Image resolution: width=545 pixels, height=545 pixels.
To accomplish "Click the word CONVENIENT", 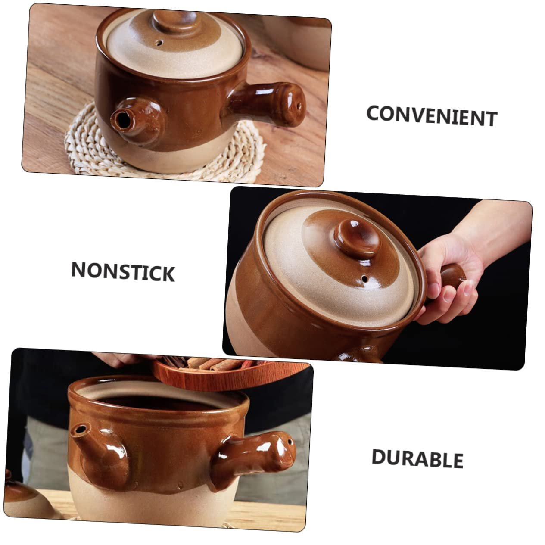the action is pos(432,116).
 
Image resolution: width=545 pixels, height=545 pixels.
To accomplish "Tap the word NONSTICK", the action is pos(123,271).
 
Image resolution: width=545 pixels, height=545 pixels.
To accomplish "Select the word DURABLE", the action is pos(417,458).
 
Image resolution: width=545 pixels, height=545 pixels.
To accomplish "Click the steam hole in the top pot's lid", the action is pos(159,43).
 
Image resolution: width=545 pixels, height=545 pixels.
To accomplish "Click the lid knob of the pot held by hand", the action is pos(357,237).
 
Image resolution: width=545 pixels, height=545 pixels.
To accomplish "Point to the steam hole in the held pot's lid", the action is pos(365,279).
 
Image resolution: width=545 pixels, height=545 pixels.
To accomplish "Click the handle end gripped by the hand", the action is pos(452,275).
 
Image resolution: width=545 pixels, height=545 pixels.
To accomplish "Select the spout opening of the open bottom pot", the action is pos(81,430).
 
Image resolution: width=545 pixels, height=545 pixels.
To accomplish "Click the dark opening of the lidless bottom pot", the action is pos(159,402).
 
